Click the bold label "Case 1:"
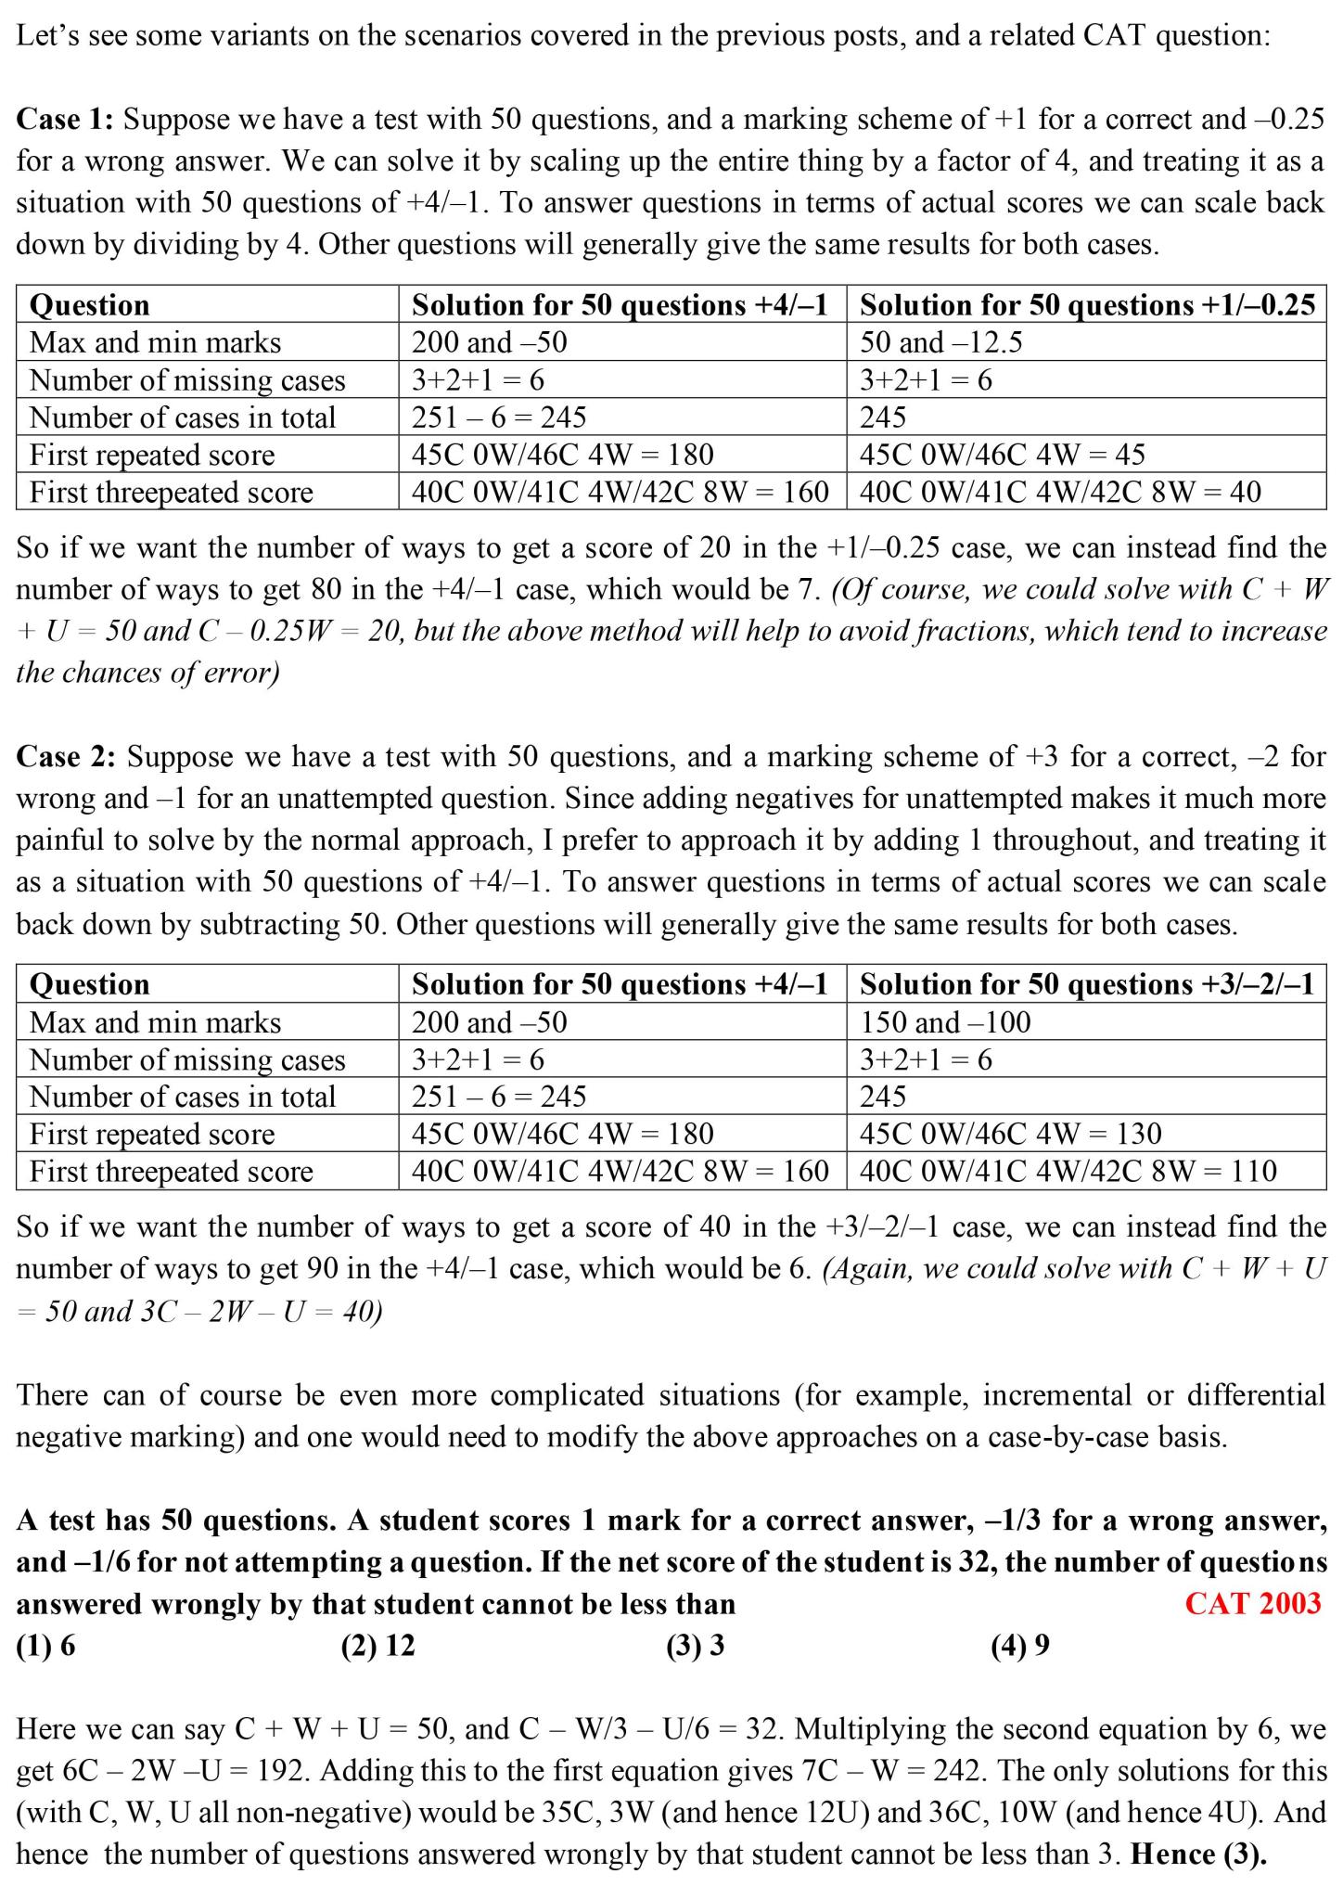(65, 120)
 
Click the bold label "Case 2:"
(66, 757)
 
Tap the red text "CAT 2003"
(1252, 1604)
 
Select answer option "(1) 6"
(45, 1646)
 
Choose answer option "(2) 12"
(377, 1646)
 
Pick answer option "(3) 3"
(695, 1646)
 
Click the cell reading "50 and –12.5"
(940, 342)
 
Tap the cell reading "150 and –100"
(945, 1022)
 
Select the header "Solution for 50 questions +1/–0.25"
(1087, 305)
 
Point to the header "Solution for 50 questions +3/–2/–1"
(1087, 984)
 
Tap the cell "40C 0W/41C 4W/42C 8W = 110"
(1068, 1171)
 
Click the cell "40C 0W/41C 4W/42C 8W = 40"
(1059, 492)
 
